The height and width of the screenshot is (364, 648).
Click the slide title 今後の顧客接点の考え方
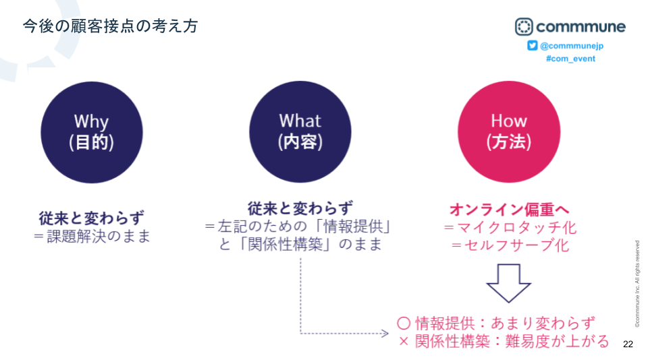point(110,26)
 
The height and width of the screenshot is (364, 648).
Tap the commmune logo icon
point(524,27)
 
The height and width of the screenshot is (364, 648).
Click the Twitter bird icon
point(533,45)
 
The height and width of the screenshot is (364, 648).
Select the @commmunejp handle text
point(572,46)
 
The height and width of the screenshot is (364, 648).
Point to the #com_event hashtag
point(570,59)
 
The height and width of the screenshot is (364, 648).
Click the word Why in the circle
point(91,122)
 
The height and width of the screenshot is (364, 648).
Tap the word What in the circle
point(300,121)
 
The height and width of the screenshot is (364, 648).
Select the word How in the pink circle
point(509,121)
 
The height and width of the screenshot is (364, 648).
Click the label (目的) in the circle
point(91,142)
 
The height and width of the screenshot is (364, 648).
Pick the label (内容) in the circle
point(300,142)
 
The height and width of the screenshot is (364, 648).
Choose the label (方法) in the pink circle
point(509,142)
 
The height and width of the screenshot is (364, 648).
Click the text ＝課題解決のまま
point(92,237)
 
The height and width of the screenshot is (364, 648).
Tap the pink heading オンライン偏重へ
point(509,210)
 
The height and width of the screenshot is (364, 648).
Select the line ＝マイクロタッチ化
point(510,227)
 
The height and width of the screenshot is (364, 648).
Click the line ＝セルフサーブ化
point(510,245)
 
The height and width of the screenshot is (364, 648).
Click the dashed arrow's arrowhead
point(385,333)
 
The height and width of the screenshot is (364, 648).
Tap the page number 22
point(628,344)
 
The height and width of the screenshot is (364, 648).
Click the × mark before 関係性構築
point(404,342)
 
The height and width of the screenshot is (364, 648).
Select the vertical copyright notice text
point(637,284)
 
